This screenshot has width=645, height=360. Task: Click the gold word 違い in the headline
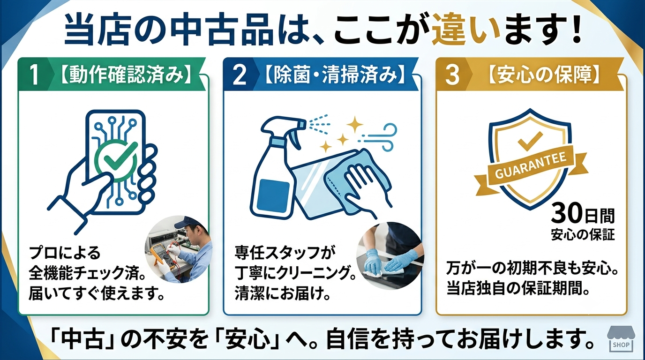point(465,30)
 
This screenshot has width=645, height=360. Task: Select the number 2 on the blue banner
point(239,75)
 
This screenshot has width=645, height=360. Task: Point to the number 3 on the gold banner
point(452,75)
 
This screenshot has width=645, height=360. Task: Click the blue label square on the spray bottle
point(273,192)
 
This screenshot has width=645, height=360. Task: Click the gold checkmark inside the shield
point(530,141)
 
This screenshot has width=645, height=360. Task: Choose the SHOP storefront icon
point(620,340)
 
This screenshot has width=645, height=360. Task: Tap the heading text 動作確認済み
point(126,75)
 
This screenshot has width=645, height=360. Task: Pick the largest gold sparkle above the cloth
point(355,124)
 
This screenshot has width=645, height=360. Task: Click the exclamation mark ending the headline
point(577,29)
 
